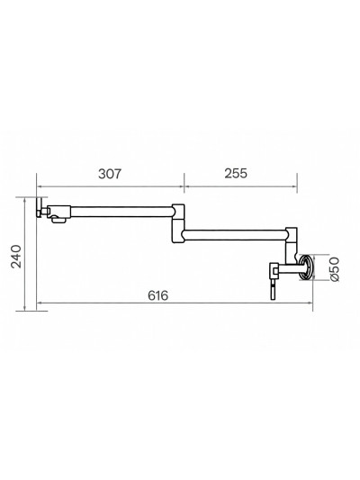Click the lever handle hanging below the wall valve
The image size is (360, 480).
pyautogui.click(x=271, y=288)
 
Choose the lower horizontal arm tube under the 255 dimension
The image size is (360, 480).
pyautogui.click(x=234, y=236)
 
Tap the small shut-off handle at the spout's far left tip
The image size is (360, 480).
pyautogui.click(x=40, y=211)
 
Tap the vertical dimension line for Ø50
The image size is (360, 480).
pyautogui.click(x=323, y=267)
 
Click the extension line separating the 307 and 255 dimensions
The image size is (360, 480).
pyautogui.click(x=184, y=194)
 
